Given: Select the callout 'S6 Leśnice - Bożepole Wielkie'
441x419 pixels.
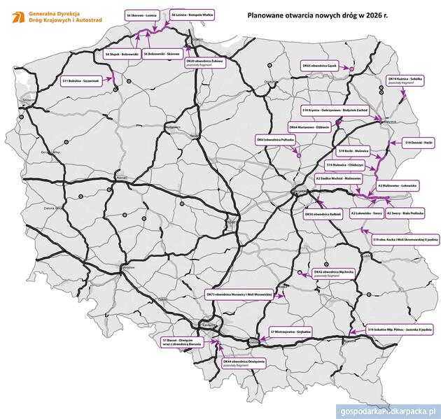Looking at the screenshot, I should pyautogui.click(x=192, y=14).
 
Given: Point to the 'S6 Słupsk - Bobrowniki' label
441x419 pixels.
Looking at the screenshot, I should pyautogui.click(x=122, y=53).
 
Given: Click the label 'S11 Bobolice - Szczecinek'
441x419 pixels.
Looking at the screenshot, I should pyautogui.click(x=83, y=80).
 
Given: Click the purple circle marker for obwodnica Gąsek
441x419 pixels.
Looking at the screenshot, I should pyautogui.click(x=352, y=68).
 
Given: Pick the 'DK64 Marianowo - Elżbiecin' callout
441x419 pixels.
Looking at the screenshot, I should pyautogui.click(x=307, y=127).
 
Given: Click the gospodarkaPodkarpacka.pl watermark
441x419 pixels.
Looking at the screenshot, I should pyautogui.click(x=387, y=411).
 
